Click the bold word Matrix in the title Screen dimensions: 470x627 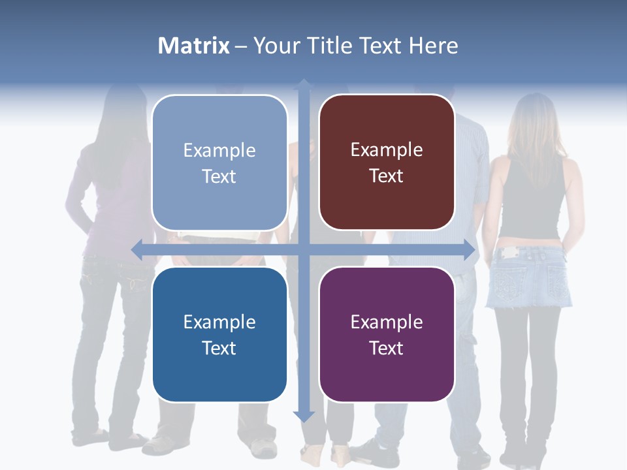point(194,46)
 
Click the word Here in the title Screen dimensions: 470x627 point(433,46)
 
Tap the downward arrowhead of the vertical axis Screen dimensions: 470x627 point(304,416)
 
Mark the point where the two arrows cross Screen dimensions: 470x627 point(304,249)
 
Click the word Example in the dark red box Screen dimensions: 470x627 point(387,150)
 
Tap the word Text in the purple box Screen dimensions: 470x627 point(387,348)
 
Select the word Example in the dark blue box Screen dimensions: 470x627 point(219,322)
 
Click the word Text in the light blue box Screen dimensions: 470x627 point(219,176)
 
